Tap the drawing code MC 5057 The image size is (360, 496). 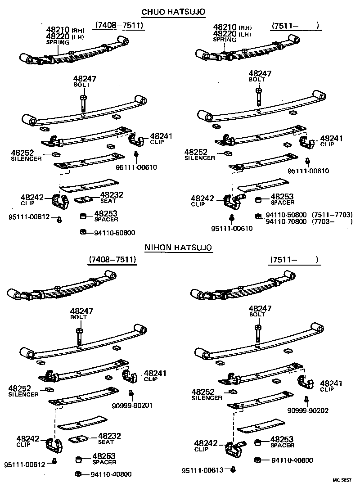[342, 480]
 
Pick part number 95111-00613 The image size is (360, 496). [202, 470]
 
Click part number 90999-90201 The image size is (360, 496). [132, 405]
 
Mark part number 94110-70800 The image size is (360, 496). [286, 221]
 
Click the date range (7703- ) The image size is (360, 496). [331, 221]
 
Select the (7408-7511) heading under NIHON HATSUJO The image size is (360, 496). [112, 260]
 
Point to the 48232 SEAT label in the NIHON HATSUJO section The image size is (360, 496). [109, 438]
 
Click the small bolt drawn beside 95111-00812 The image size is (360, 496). [59, 219]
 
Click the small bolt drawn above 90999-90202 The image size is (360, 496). [306, 399]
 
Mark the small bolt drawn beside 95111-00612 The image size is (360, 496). [54, 461]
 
